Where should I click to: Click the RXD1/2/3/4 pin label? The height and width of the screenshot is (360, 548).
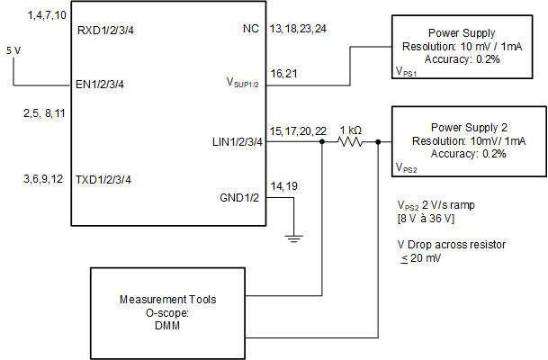(x=106, y=29)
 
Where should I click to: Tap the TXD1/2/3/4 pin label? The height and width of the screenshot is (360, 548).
(x=106, y=179)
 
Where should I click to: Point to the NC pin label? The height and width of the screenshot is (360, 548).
(x=251, y=29)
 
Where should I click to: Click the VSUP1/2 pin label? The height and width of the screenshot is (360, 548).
(x=243, y=85)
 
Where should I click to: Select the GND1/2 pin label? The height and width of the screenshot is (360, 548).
(x=240, y=197)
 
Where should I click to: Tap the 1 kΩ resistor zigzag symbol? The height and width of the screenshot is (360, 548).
(x=349, y=142)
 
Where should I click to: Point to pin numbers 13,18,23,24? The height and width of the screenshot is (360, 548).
(x=298, y=29)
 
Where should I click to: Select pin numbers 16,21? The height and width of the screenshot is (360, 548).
(x=284, y=73)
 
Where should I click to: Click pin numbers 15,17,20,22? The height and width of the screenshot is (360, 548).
(x=298, y=131)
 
